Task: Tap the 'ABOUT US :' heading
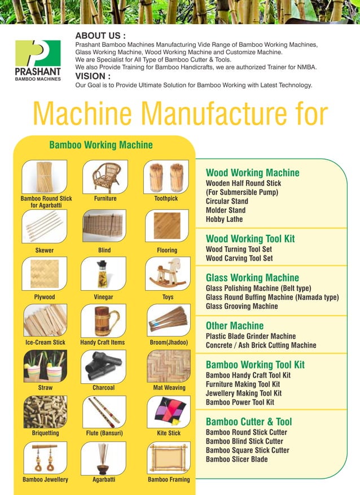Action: tap(100, 36)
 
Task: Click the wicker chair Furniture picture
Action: tap(105, 177)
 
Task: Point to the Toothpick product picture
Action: tap(166, 177)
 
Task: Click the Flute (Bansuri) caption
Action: tap(104, 433)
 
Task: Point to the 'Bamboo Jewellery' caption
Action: tap(45, 480)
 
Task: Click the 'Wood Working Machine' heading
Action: tap(252, 173)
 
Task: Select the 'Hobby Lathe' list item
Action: tap(224, 219)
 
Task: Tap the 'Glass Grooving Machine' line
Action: tap(242, 306)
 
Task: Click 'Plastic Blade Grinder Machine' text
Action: tap(251, 336)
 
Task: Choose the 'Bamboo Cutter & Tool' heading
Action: tap(249, 422)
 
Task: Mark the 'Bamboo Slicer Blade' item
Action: tap(236, 459)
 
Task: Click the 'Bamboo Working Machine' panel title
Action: tap(101, 145)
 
